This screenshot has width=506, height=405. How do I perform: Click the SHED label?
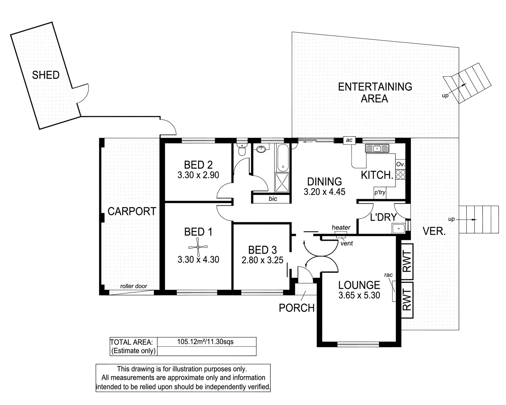pos(46,75)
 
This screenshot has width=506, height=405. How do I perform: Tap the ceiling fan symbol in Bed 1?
pos(198,247)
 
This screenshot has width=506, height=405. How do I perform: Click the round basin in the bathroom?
pos(261,149)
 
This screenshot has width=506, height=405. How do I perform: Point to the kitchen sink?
pos(377,148)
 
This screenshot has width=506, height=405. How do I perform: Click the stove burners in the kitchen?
pos(400,174)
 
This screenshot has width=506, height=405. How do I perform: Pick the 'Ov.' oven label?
pos(400,164)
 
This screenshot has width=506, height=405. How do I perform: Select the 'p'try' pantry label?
pos(380,192)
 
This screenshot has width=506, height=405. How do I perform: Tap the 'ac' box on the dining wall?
pos(349,140)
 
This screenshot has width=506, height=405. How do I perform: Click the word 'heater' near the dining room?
pos(341,228)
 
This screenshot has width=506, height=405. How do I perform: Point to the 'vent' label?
pos(346,243)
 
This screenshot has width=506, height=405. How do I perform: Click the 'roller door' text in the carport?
pos(133,286)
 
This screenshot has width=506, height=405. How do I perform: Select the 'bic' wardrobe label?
pos(272,199)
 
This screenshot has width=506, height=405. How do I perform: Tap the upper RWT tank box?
pos(407,262)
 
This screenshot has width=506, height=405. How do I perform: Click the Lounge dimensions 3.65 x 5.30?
pos(359,295)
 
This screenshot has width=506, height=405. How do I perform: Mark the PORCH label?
pos(296,308)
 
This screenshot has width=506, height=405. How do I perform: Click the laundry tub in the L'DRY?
pos(398,228)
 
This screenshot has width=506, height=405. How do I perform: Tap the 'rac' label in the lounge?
pos(388,275)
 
